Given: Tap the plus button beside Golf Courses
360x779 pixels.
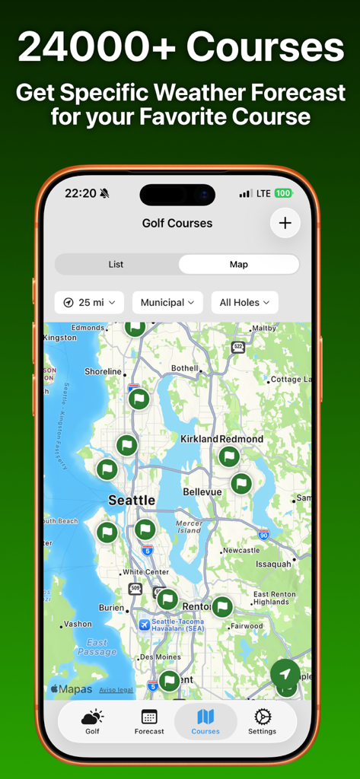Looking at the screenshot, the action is point(285,223).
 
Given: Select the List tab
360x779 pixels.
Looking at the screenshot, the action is point(116,264).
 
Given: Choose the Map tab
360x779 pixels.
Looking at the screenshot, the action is point(239,264).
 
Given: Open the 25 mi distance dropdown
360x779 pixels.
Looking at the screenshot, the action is point(90,302).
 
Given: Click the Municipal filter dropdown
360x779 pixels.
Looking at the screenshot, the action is point(167,302).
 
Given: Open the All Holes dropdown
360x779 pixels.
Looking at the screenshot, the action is point(244,302).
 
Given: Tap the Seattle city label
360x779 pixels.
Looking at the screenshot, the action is point(132,501).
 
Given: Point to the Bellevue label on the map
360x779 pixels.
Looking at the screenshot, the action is point(202,492).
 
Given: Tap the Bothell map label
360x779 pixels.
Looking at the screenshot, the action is point(185,368).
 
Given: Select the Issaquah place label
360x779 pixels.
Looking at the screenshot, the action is point(273,564).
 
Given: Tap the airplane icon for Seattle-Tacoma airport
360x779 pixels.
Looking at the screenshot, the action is point(145,625).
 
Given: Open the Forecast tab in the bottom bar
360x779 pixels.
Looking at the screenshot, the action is point(149,721).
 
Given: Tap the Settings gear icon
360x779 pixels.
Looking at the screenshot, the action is point(262,717).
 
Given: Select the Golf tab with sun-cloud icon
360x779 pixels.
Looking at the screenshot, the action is point(92,721).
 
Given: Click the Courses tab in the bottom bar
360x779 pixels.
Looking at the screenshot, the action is point(205,721).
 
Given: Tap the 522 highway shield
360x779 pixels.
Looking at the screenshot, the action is point(238,347).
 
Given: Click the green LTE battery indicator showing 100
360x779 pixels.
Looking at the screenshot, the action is point(283,193).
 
